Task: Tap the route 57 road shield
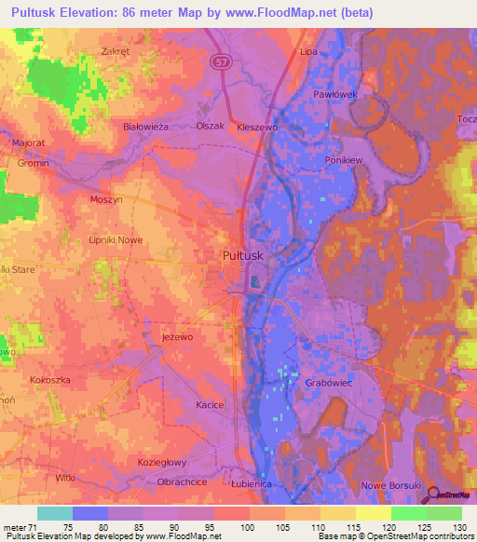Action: (219, 61)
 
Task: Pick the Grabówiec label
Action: (325, 383)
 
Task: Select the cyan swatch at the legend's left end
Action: (54, 513)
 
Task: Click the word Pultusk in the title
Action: (37, 12)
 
